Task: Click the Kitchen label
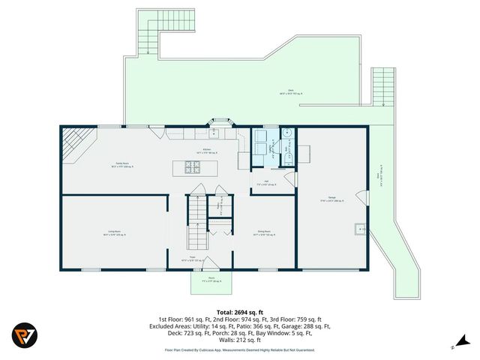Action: click(x=207, y=151)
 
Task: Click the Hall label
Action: click(x=266, y=183)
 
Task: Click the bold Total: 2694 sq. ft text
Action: click(x=240, y=312)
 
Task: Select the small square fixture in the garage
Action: click(x=361, y=229)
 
